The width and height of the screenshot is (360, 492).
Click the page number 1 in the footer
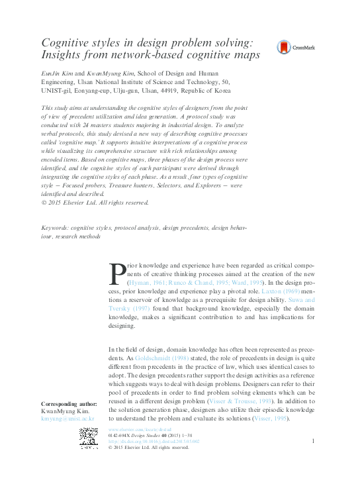pos(312,440)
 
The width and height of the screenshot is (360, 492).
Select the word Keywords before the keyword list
pos(55,227)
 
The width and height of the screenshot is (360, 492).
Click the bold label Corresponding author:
pos(69,404)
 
